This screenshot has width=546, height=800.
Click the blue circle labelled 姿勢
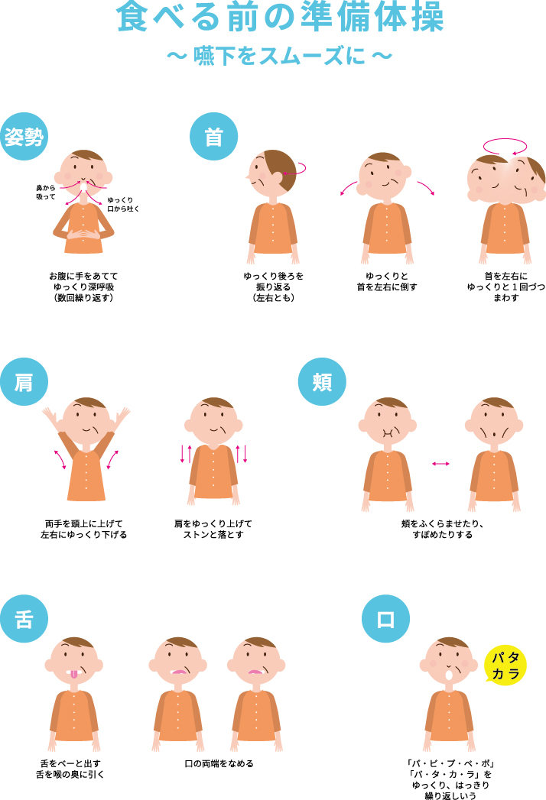pos(24,136)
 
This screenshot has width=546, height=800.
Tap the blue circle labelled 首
pos(213,136)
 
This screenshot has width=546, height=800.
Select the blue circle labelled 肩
pos(24,381)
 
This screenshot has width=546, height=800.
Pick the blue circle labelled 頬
pos(322,381)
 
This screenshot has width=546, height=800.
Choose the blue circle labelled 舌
pos(24,619)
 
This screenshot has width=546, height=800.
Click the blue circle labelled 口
pos(385,619)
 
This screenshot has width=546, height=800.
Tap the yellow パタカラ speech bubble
pos(505,666)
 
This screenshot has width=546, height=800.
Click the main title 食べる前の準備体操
pos(280,17)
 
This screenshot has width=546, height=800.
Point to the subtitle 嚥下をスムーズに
pos(279,56)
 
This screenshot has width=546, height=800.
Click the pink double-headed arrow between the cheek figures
pos(440,463)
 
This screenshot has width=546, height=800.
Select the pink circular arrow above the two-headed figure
pos(505,146)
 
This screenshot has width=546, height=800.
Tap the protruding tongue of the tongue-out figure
pos(74,674)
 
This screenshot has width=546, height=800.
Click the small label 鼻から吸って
pos(45,193)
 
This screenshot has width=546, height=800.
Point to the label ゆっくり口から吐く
pos(122,205)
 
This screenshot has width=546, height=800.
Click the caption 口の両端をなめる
pos(219,764)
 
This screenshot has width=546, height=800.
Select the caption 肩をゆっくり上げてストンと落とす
pos(213,529)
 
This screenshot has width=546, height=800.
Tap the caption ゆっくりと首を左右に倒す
pos(387,282)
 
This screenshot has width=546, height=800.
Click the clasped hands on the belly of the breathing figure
pos(83,234)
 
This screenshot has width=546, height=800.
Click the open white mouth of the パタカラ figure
pos(449,675)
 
